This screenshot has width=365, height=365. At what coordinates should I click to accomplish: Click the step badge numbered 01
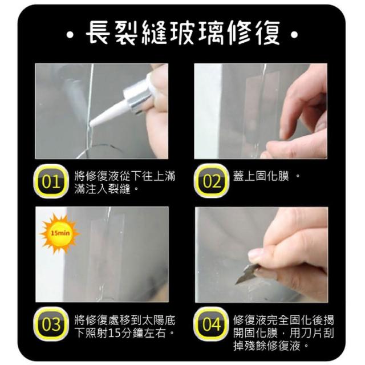(x=51, y=181)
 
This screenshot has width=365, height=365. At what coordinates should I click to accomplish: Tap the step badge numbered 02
(x=211, y=181)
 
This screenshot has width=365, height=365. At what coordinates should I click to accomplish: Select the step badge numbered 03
(x=51, y=324)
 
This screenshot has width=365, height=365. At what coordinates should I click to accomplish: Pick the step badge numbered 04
(x=211, y=324)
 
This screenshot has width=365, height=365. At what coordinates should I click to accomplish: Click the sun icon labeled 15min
(x=60, y=233)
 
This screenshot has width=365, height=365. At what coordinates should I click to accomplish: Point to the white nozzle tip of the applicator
(x=91, y=123)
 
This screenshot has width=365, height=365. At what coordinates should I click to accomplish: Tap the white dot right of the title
(x=294, y=35)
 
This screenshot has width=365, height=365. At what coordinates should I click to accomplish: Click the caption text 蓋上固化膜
(x=261, y=176)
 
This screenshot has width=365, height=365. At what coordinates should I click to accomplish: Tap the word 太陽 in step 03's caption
(x=153, y=321)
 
